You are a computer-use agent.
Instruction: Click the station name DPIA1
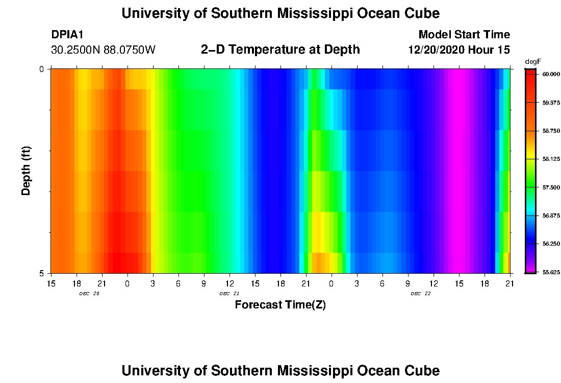[x=67, y=35]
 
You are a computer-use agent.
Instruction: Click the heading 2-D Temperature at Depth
[x=280, y=50]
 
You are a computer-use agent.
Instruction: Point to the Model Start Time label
[x=464, y=35]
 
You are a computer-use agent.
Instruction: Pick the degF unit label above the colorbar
[x=533, y=61]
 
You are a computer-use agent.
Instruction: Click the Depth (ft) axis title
[x=27, y=171]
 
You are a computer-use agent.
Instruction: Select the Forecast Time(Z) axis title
[x=280, y=305]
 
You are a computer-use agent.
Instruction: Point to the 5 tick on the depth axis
[x=42, y=273]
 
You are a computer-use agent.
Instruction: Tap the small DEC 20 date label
[x=89, y=294]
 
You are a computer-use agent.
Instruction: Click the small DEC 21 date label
[x=229, y=294]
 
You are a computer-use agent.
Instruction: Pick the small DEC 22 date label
[x=421, y=294]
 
